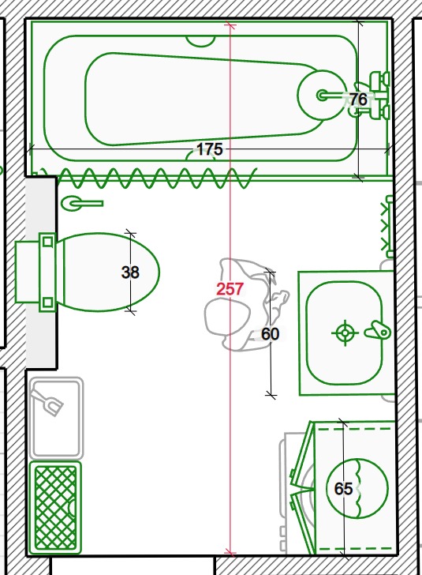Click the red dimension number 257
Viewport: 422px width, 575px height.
tap(230, 289)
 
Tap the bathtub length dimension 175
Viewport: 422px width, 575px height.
tap(210, 149)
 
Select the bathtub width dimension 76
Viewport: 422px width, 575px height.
tap(358, 99)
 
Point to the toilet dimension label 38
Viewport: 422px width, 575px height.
tap(130, 272)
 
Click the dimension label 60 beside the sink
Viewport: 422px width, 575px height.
tap(271, 333)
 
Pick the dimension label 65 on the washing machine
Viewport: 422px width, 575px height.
tap(343, 488)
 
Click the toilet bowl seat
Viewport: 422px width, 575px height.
tap(110, 272)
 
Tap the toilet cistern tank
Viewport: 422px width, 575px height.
tap(28, 272)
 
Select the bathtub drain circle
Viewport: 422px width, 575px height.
tap(322, 96)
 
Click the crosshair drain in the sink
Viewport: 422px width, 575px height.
tap(345, 333)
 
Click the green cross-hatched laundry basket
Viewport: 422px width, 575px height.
tap(55, 508)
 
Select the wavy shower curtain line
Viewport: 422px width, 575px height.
tap(147, 179)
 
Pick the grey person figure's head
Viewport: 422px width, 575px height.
tap(228, 316)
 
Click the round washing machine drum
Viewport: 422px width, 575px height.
tap(357, 488)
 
